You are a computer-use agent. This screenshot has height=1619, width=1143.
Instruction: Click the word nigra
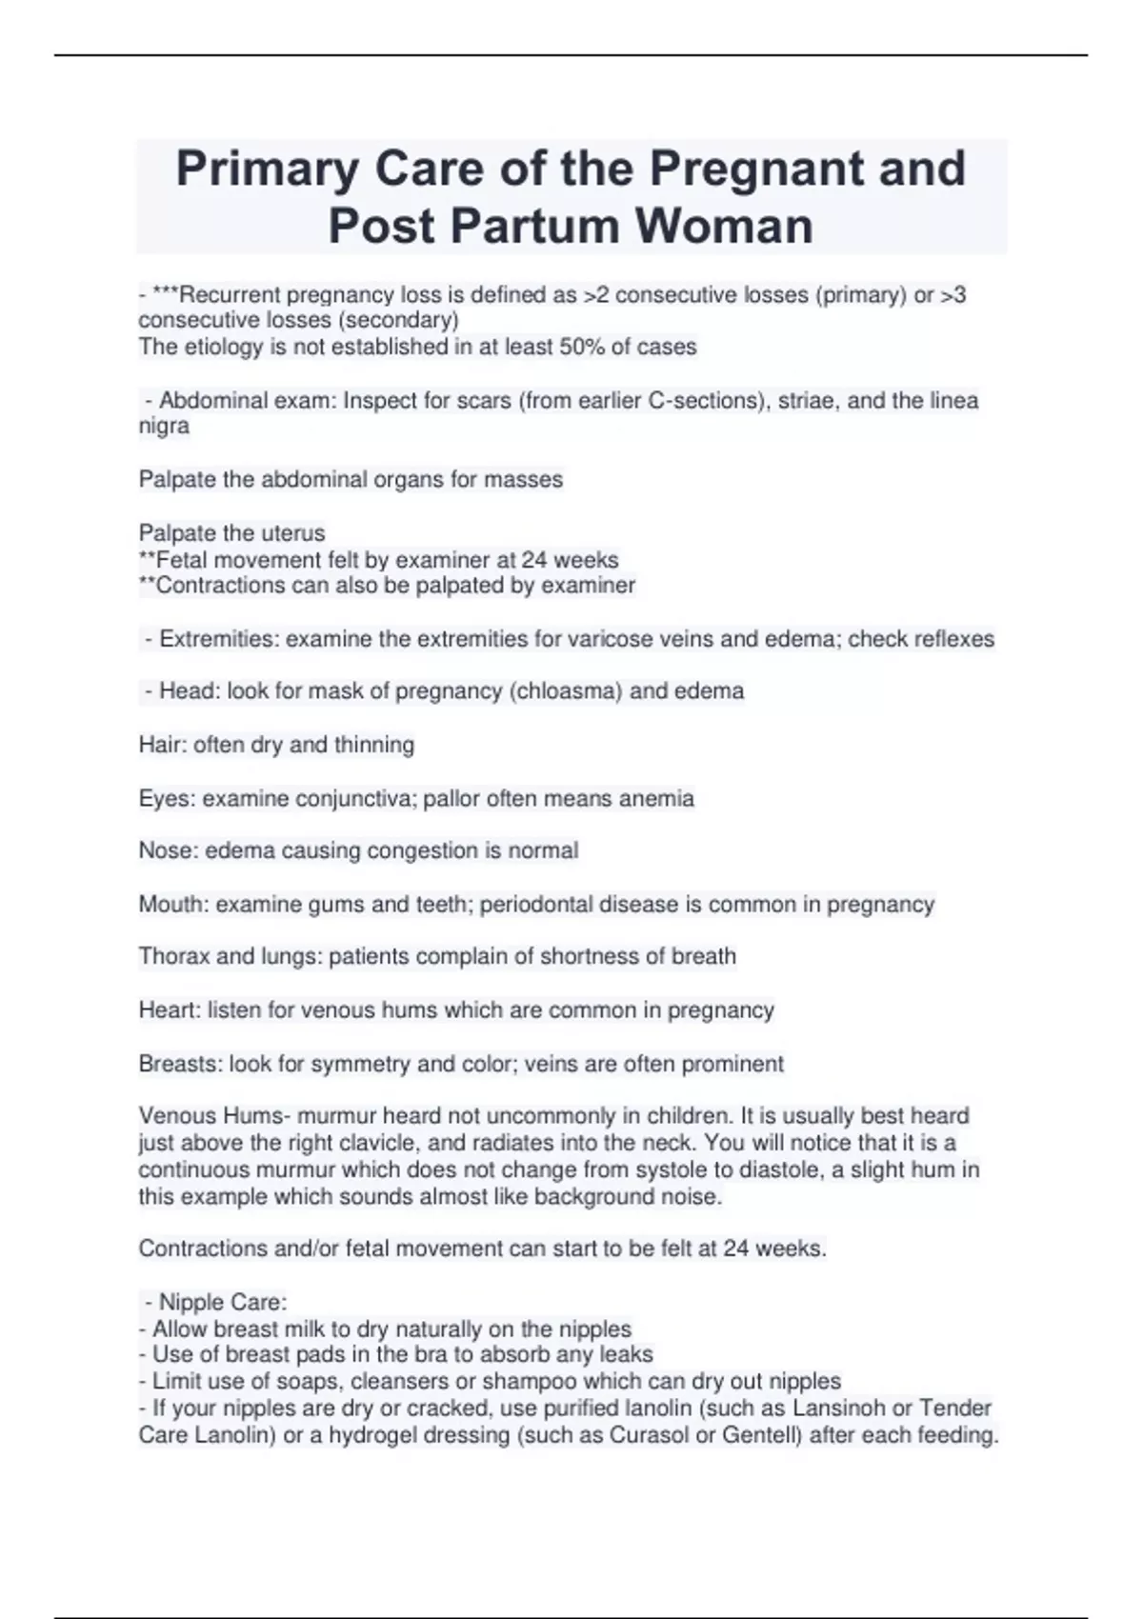coord(164,427)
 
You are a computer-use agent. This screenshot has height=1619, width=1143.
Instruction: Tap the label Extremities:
coord(219,639)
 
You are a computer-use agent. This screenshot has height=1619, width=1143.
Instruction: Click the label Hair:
coord(163,745)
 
